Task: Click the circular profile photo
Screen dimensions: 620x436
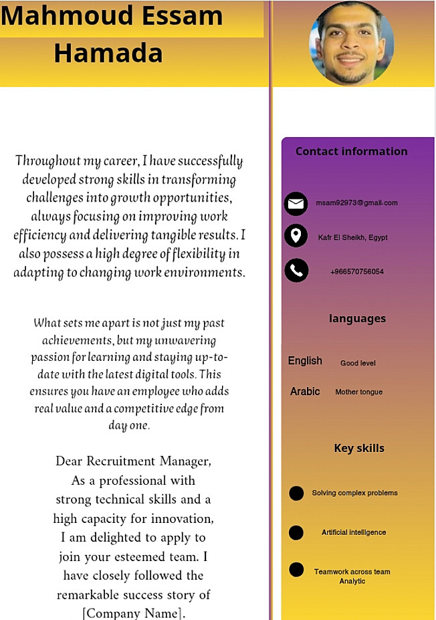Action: tap(351, 42)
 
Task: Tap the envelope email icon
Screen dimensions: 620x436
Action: tap(296, 203)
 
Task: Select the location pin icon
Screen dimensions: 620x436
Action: tap(296, 236)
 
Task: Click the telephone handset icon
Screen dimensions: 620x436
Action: tap(296, 270)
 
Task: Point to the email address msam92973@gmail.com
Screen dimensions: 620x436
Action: tap(356, 203)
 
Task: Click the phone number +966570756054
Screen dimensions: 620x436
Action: tap(356, 272)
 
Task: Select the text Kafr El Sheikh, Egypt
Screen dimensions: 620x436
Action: tap(352, 238)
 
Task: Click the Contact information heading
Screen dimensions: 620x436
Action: tap(351, 151)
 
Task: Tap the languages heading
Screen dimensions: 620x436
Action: tap(357, 319)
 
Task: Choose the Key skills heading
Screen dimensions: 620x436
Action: tap(359, 449)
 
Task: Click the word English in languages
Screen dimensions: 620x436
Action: tap(305, 361)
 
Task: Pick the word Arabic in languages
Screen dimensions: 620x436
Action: tap(305, 392)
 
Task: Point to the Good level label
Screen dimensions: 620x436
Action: tap(358, 364)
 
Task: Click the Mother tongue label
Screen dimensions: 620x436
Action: tap(358, 392)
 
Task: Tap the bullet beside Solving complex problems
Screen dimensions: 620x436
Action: tap(296, 493)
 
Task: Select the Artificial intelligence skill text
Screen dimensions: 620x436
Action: tap(354, 533)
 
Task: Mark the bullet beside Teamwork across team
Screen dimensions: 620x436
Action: tap(296, 570)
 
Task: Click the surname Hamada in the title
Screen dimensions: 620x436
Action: tap(108, 53)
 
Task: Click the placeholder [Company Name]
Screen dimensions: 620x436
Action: tap(133, 613)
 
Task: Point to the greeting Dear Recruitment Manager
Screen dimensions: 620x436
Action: tap(133, 461)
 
